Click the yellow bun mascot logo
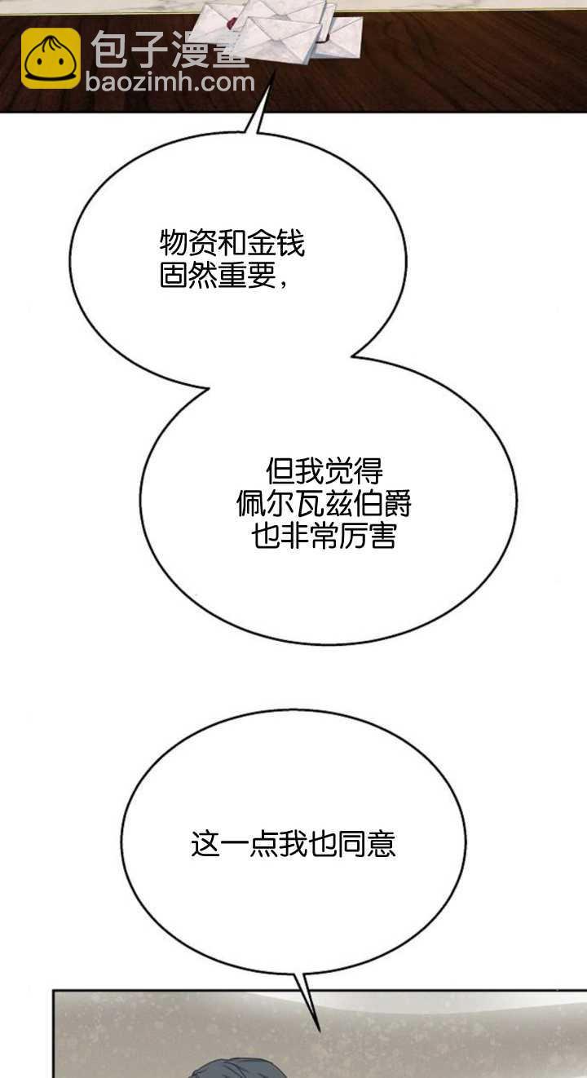tap(51, 59)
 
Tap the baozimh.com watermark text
tap(170, 82)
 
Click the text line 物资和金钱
tap(232, 243)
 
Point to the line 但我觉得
tap(324, 471)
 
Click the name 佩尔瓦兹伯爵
tap(324, 504)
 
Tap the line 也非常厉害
tap(324, 537)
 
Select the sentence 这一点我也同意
tap(293, 844)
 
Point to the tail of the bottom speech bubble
tap(310, 999)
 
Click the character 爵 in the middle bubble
tap(397, 504)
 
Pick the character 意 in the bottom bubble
tap(382, 844)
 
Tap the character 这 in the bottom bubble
tap(205, 844)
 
